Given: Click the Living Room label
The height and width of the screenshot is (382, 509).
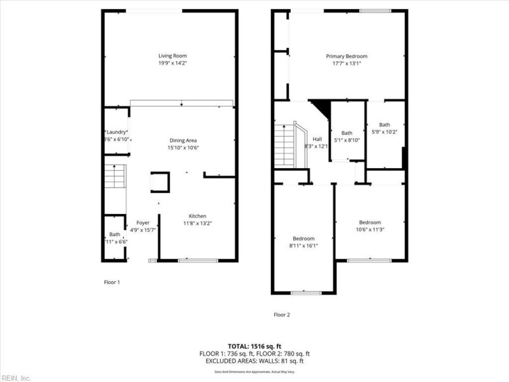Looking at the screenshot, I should click(172, 56).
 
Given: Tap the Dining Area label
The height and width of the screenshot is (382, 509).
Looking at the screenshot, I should click(183, 140).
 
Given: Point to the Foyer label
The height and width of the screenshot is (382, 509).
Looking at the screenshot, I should click(143, 222).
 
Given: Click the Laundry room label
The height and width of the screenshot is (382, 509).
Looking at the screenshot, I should click(116, 132).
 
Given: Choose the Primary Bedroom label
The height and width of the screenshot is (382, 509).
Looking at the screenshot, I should click(347, 56).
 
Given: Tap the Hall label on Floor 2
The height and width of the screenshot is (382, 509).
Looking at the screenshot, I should click(317, 139).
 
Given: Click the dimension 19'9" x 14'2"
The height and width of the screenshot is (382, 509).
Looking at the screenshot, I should click(172, 63).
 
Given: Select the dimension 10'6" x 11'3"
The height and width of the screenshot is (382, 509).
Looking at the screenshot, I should click(370, 229).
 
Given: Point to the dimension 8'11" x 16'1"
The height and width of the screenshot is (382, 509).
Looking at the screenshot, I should click(303, 245).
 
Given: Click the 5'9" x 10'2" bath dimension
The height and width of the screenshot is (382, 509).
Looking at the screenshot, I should click(385, 132).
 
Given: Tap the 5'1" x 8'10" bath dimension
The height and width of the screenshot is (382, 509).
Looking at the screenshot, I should click(347, 140).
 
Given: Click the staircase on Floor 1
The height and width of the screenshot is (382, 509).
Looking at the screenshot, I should click(115, 176).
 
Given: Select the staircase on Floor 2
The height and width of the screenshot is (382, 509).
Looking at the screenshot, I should click(285, 145).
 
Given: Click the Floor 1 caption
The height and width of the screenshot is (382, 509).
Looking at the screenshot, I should click(111, 281).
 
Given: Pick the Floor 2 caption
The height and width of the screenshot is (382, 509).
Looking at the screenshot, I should click(281, 315).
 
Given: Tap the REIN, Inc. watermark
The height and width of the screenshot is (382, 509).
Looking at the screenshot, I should click(15, 378).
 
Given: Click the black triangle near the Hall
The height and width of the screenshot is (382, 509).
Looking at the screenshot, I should click(322, 107).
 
